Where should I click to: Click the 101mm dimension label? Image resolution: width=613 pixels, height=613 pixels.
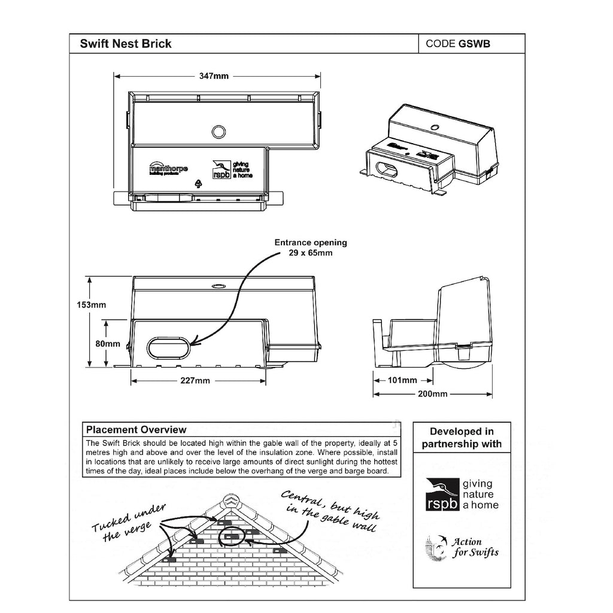tap(403, 380)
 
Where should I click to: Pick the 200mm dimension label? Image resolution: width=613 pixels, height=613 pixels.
tap(433, 394)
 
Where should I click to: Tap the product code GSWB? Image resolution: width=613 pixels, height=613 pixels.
tap(458, 44)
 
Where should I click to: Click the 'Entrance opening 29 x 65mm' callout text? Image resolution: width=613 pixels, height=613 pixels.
tap(310, 248)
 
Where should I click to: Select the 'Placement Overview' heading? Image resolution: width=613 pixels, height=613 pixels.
tap(136, 430)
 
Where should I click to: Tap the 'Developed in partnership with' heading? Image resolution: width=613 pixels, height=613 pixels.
tap(462, 438)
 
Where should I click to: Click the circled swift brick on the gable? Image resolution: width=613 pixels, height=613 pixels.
tap(232, 538)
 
